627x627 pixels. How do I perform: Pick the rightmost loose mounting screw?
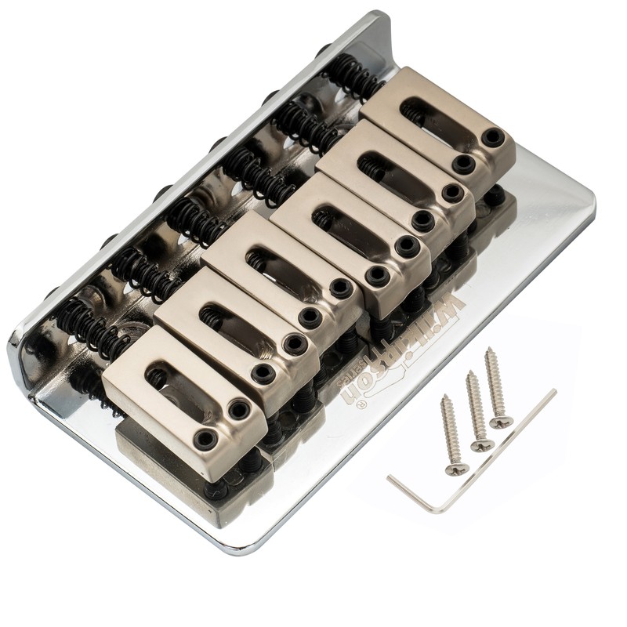coord(496,387)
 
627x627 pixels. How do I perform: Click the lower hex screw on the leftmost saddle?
coord(206,439)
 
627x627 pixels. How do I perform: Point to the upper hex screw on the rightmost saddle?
coord(492,137)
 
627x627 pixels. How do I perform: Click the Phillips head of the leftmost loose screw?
coord(455,469)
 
